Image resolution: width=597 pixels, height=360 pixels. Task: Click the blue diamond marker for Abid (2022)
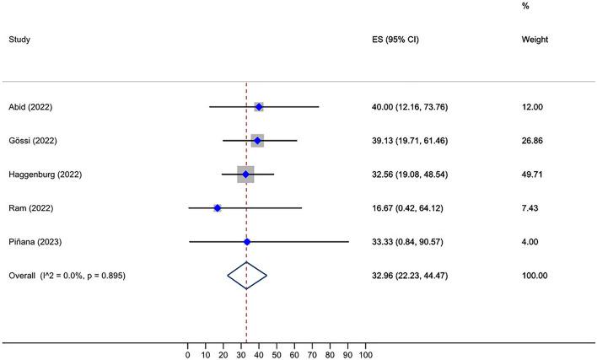(x=259, y=107)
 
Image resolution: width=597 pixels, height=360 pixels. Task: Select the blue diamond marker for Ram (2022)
(x=218, y=207)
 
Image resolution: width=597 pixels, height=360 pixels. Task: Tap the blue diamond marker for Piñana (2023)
(x=247, y=242)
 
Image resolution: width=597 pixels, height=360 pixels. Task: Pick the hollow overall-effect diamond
(x=247, y=276)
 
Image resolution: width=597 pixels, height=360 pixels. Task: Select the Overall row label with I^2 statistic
(x=67, y=276)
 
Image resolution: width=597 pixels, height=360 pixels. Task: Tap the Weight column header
(x=535, y=39)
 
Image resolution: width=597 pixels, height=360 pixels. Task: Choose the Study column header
(x=20, y=39)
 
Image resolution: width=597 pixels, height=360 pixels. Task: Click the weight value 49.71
(x=533, y=175)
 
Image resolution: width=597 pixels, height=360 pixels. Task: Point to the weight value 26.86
(x=533, y=141)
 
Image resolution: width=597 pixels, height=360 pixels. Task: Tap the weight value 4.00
(x=530, y=242)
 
